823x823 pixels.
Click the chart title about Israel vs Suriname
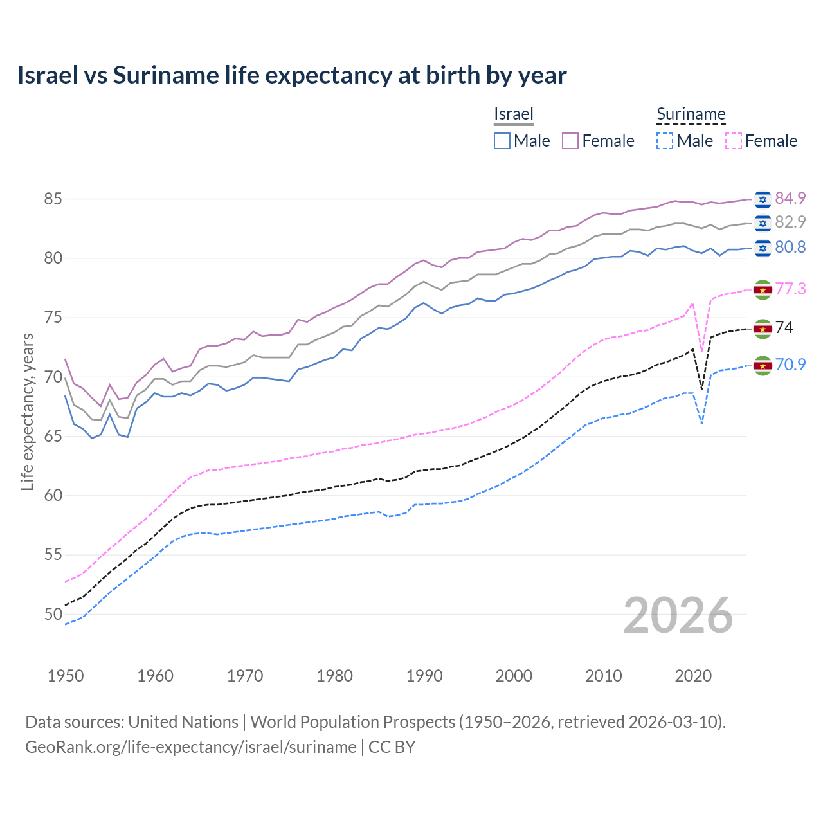click(292, 75)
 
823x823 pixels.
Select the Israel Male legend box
click(502, 141)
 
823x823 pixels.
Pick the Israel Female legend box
click(570, 141)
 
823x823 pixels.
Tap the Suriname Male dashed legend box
click(665, 141)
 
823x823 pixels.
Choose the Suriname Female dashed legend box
click(734, 141)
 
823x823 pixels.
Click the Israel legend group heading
click(514, 114)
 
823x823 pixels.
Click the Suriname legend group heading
click(691, 114)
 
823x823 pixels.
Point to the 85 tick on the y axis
click(53, 199)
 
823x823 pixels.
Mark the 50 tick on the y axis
click(53, 615)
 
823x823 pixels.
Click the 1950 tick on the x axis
click(66, 676)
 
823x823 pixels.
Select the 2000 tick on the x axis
click(514, 676)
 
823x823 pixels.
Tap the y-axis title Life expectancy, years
click(27, 411)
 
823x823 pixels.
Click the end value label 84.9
click(790, 198)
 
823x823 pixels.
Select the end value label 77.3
click(790, 289)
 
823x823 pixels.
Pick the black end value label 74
click(784, 328)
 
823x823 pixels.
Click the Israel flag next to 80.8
click(763, 248)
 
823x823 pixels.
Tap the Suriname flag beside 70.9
click(763, 365)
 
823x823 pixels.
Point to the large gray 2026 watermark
click(678, 615)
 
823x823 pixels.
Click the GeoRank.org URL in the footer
click(190, 747)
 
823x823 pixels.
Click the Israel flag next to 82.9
click(763, 222)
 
